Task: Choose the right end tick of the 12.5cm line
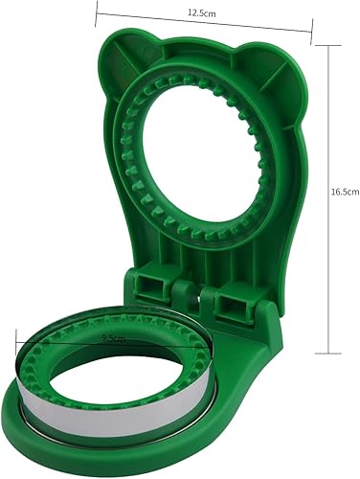pos(311,36)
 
